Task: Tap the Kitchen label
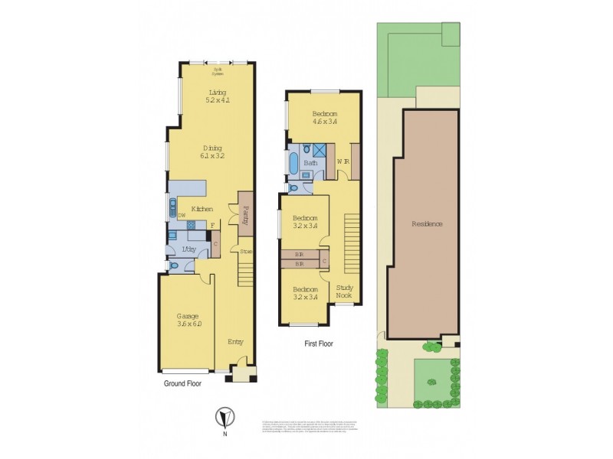202,210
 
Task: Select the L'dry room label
188,251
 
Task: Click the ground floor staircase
245,272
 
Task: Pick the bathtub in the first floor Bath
293,164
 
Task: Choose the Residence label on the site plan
427,224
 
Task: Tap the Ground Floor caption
182,384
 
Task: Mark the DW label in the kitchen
182,216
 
